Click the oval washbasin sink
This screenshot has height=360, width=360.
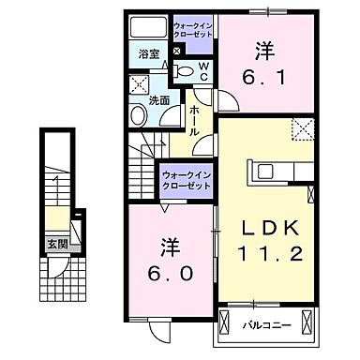point(138,114)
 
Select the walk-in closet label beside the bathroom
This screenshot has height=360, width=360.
point(193,28)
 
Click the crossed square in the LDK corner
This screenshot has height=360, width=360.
point(300,128)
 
